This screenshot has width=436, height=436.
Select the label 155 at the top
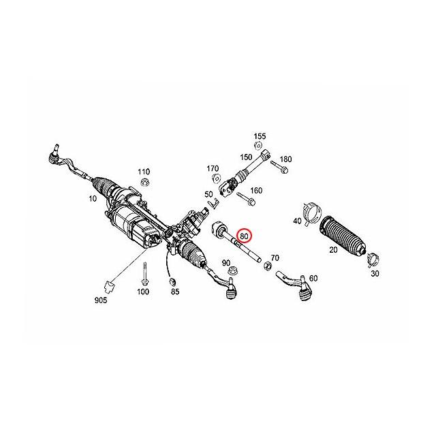point(260,136)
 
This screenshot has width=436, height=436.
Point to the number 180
point(285,159)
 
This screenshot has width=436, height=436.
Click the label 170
point(213,168)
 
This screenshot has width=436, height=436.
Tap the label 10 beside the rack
point(93,199)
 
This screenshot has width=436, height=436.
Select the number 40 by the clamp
point(298,221)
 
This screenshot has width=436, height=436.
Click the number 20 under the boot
point(333,250)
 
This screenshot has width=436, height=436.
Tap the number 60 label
point(313,279)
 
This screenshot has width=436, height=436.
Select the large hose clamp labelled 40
point(311,213)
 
